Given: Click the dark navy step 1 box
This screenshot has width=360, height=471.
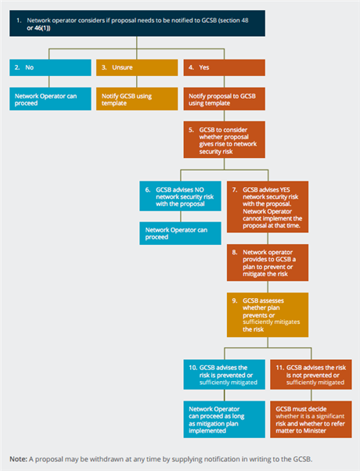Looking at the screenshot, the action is pos(137,23).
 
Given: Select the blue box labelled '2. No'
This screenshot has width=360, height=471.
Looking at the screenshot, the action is pos(50,67).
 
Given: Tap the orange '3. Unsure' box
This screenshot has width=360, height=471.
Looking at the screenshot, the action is pos(137,67).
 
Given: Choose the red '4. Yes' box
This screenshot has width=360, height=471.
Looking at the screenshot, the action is pos(224,67).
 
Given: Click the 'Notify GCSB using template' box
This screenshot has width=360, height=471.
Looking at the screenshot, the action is pos(137,99).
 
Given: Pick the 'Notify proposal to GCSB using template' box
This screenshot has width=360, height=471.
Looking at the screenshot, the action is pos(224,99).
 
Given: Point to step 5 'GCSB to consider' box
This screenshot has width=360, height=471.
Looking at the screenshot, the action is pos(224,140).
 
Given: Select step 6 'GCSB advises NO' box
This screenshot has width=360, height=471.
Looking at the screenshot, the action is pos(180,196).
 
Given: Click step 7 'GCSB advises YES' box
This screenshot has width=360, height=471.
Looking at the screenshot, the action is pos(268,207).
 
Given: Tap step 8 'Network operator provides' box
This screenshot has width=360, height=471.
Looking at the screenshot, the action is pos(268,263).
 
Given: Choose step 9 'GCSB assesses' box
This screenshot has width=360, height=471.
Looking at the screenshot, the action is pos(268,315).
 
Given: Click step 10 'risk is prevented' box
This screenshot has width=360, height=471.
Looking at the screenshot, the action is pos(224,375).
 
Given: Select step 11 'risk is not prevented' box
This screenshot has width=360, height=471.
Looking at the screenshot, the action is pos(311,375).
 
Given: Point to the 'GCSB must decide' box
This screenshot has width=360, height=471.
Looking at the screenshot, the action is pos(311,419).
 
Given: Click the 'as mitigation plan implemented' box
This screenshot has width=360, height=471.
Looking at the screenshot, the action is pos(224,419).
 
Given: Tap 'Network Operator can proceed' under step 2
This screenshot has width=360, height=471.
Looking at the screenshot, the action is pos(50,99).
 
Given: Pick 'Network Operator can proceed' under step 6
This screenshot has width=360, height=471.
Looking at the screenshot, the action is pos(180,233).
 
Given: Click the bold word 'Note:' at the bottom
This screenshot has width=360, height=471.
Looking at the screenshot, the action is pos(18,459).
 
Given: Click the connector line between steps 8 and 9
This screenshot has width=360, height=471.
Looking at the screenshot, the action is pos(268,287).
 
